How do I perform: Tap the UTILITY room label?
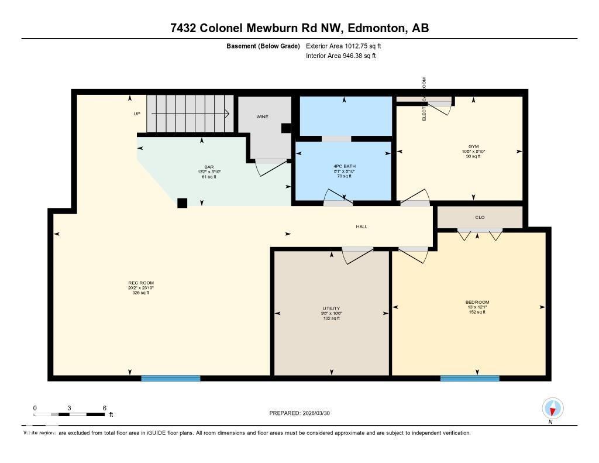(x=331, y=308)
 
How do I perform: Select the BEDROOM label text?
(x=477, y=302)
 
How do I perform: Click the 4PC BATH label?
(x=344, y=166)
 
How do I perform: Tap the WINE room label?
(x=262, y=116)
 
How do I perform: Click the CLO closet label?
(x=480, y=217)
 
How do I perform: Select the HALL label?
(x=362, y=227)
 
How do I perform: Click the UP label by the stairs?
(x=137, y=114)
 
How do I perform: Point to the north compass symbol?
(x=552, y=408)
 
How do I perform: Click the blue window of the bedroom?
(x=470, y=379)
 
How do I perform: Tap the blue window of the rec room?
(x=171, y=379)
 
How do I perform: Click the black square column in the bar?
(x=183, y=203)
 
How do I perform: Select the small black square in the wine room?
(x=285, y=128)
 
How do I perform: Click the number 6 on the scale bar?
(x=104, y=408)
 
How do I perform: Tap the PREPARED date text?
(x=304, y=413)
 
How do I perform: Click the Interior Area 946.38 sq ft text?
(x=340, y=56)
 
